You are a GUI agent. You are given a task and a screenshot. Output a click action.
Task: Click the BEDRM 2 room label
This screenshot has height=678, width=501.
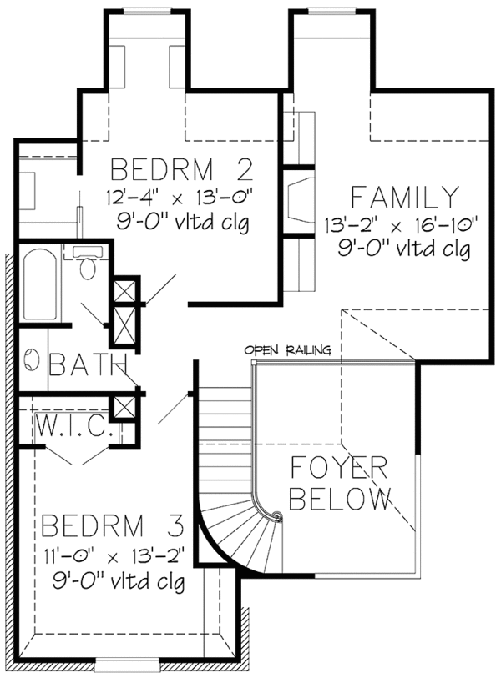pos(182,169)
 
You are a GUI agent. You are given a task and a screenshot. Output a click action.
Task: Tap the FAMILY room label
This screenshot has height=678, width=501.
pos(404,197)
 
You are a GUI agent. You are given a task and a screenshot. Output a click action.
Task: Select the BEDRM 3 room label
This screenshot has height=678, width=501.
pos(113,525)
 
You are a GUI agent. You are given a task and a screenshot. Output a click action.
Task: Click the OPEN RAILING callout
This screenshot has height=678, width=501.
pos(287,349)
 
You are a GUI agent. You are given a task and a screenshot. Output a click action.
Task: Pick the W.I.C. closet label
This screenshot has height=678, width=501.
pos(73,426)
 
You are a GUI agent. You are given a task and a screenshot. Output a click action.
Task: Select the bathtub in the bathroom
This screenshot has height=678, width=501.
pos(40,284)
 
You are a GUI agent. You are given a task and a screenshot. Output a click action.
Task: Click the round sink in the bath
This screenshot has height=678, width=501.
pos(32,359)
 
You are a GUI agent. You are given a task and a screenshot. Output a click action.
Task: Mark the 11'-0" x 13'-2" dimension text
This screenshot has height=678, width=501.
pos(114,556)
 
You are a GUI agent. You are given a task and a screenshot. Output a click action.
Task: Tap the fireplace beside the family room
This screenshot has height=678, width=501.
pos(299,202)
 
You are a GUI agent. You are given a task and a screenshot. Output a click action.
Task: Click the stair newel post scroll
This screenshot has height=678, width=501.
pos(277,516)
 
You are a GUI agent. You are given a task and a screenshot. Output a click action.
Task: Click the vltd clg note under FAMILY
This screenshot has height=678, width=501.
pos(404,250)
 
